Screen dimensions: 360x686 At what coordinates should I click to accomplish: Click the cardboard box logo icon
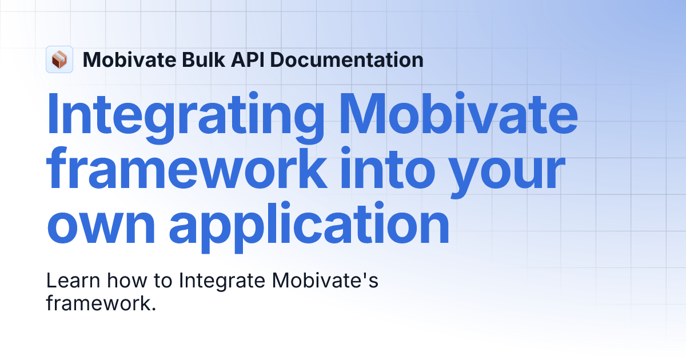pos(59,59)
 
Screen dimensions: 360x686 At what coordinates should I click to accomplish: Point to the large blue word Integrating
pos(186,117)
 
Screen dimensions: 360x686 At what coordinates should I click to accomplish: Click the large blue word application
pos(309,223)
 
